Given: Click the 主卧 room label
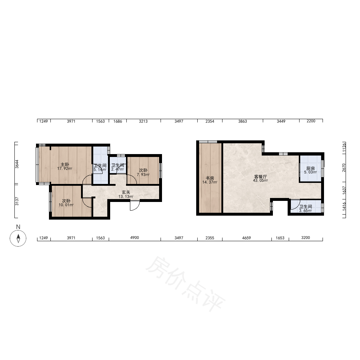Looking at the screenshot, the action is click(x=65, y=165).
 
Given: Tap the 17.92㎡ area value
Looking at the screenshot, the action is click(x=65, y=168).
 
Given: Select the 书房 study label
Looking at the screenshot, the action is click(x=210, y=178).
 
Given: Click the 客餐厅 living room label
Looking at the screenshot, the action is click(x=260, y=176).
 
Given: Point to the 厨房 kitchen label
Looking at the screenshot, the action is click(x=310, y=168).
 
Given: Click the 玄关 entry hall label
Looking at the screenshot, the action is click(x=126, y=192).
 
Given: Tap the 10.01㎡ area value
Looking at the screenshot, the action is click(x=66, y=205).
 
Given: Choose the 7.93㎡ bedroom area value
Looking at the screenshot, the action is click(x=143, y=175).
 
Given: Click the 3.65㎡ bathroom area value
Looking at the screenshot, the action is click(x=305, y=211).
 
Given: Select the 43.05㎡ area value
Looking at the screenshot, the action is click(x=260, y=180).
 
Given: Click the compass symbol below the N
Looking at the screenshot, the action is click(x=18, y=238).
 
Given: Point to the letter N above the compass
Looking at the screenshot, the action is click(x=18, y=227).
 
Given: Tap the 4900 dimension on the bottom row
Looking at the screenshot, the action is click(x=135, y=238).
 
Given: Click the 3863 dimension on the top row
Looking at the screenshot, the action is click(x=242, y=121).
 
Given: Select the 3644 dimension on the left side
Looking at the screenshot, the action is click(x=17, y=164).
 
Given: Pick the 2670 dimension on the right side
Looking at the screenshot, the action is click(x=344, y=167).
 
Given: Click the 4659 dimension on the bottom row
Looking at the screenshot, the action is click(x=247, y=238).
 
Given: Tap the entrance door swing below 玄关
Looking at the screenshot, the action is click(x=135, y=206).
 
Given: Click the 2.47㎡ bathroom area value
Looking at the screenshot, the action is click(x=118, y=169).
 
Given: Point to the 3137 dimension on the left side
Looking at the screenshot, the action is click(x=17, y=201).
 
